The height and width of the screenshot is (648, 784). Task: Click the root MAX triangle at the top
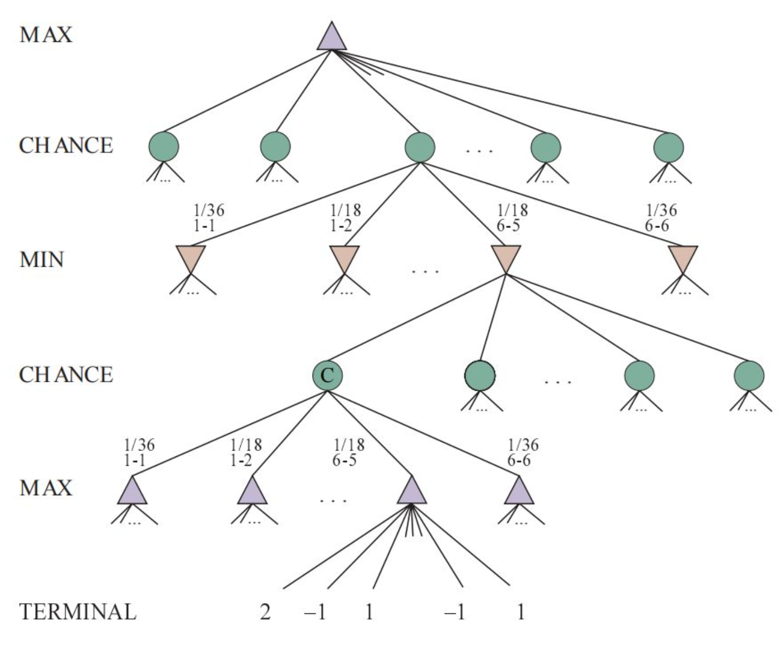[x=332, y=38]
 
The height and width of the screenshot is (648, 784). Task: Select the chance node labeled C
[x=327, y=375]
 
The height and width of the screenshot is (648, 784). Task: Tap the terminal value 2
[x=265, y=612]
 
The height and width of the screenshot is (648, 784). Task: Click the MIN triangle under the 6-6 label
[x=683, y=258]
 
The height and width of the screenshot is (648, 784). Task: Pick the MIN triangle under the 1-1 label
[x=190, y=258]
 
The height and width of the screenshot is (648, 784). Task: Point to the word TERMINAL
[x=77, y=612]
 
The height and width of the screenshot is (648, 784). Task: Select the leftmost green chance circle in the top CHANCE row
[x=163, y=147]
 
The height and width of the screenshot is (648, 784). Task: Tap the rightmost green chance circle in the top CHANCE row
[x=668, y=147]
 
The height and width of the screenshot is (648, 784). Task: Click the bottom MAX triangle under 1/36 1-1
[x=131, y=492]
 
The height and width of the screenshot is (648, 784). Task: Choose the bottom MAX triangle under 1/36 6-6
[x=519, y=492]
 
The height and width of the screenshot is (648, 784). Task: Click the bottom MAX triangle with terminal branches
[x=411, y=492]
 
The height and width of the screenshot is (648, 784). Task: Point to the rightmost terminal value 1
[x=520, y=612]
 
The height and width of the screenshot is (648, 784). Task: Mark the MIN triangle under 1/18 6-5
[x=506, y=258]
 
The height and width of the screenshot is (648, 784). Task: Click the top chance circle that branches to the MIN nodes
[x=419, y=147]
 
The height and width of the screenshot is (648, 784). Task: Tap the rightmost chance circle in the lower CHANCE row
[x=749, y=375]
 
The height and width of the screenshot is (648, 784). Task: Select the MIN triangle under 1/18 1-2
[x=344, y=258]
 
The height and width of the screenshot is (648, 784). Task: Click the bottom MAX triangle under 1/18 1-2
[x=252, y=492]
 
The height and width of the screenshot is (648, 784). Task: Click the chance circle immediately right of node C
[x=480, y=375]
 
